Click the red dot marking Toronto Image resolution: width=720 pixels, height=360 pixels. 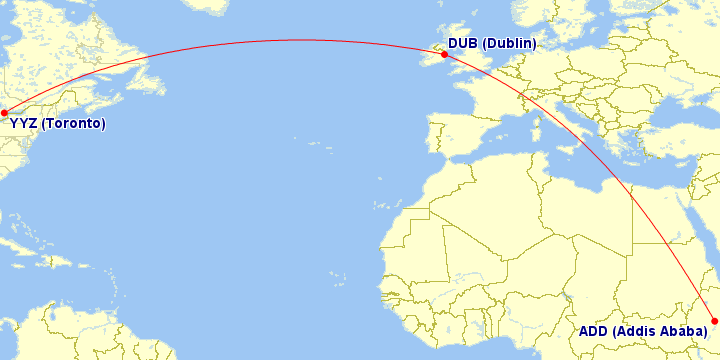click(4, 112)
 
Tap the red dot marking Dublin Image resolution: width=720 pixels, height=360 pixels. click(444, 55)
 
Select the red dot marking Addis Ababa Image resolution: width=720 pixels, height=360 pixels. click(714, 321)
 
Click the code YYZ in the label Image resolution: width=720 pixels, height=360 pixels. click(24, 124)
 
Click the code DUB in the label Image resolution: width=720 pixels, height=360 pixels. click(463, 43)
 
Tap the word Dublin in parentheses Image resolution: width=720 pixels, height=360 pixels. click(510, 43)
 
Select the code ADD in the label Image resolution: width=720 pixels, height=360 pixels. click(595, 331)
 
